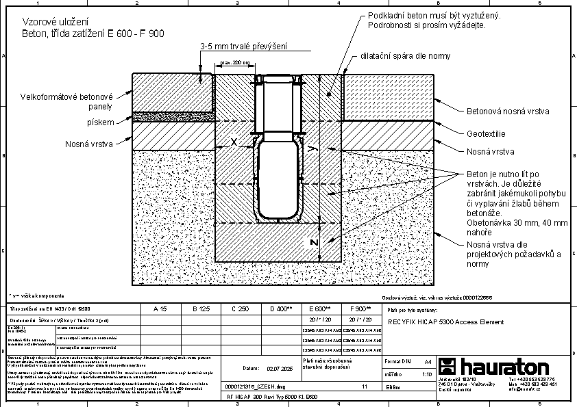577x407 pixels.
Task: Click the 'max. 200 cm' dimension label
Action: pos(234,63)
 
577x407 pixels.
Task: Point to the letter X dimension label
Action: pos(234,142)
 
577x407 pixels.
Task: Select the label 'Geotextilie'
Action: pos(487,135)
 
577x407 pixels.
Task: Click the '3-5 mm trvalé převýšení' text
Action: pos(243,47)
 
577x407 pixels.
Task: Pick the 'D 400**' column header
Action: pos(281,309)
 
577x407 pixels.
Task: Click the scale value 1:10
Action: pos(426,374)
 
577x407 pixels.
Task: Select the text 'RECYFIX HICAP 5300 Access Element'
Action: pos(445,321)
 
